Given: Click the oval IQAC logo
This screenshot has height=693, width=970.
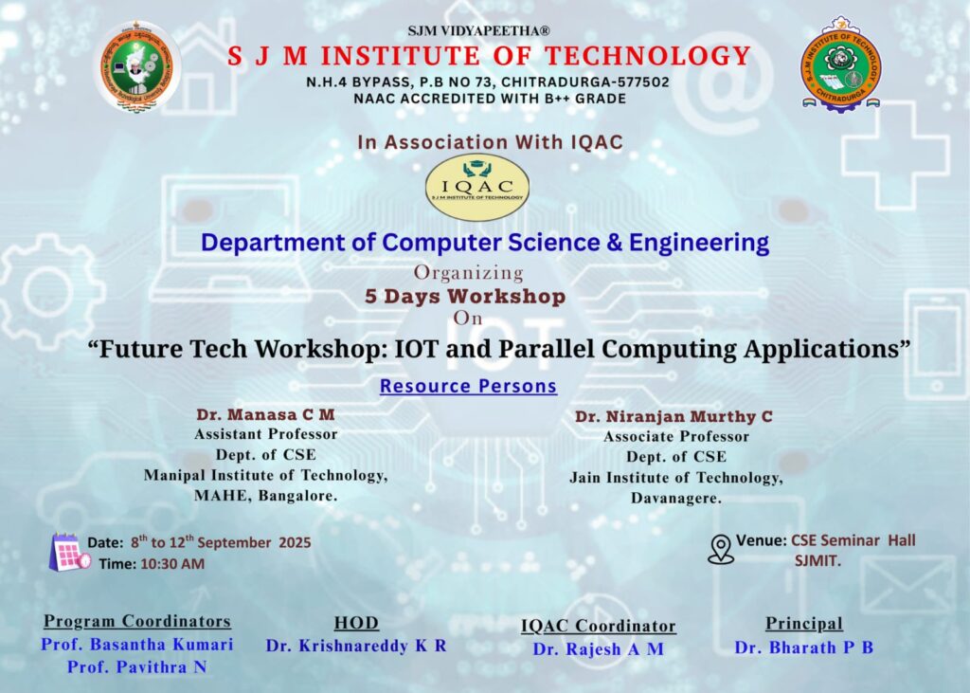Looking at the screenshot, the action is pyautogui.click(x=477, y=187).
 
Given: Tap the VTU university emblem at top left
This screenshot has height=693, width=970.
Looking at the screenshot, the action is pyautogui.click(x=137, y=67).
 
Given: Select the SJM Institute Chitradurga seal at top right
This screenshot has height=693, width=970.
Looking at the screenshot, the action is pyautogui.click(x=841, y=65).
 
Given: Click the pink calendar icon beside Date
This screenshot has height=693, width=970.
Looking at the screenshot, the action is pyautogui.click(x=69, y=552).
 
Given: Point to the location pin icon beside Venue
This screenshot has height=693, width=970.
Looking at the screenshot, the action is pyautogui.click(x=720, y=549).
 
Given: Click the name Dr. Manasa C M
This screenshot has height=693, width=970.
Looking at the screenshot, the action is pyautogui.click(x=265, y=414).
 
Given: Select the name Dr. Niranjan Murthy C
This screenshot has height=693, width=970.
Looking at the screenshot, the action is pyautogui.click(x=674, y=417).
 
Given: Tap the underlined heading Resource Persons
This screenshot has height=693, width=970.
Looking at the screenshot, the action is pyautogui.click(x=468, y=386).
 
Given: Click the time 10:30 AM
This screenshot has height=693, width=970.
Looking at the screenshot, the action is pyautogui.click(x=172, y=563).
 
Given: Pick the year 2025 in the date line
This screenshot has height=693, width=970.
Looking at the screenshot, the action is pyautogui.click(x=295, y=542).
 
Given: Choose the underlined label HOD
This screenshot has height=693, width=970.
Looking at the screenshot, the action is pyautogui.click(x=356, y=623).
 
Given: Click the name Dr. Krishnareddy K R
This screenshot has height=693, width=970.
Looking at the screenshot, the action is pyautogui.click(x=356, y=646).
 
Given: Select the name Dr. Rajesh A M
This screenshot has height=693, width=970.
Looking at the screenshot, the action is pyautogui.click(x=599, y=649).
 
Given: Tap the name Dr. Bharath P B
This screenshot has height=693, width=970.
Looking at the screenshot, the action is pyautogui.click(x=804, y=647).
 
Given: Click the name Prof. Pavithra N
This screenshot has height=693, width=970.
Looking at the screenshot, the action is pyautogui.click(x=137, y=667).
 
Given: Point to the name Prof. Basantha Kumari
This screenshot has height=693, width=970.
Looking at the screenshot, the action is pyautogui.click(x=137, y=644).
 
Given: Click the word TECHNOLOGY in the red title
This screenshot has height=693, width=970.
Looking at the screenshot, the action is pyautogui.click(x=648, y=56).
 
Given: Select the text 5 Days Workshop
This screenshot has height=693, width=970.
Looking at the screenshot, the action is pyautogui.click(x=465, y=297).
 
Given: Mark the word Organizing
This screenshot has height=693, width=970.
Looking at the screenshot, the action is pyautogui.click(x=469, y=272).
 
